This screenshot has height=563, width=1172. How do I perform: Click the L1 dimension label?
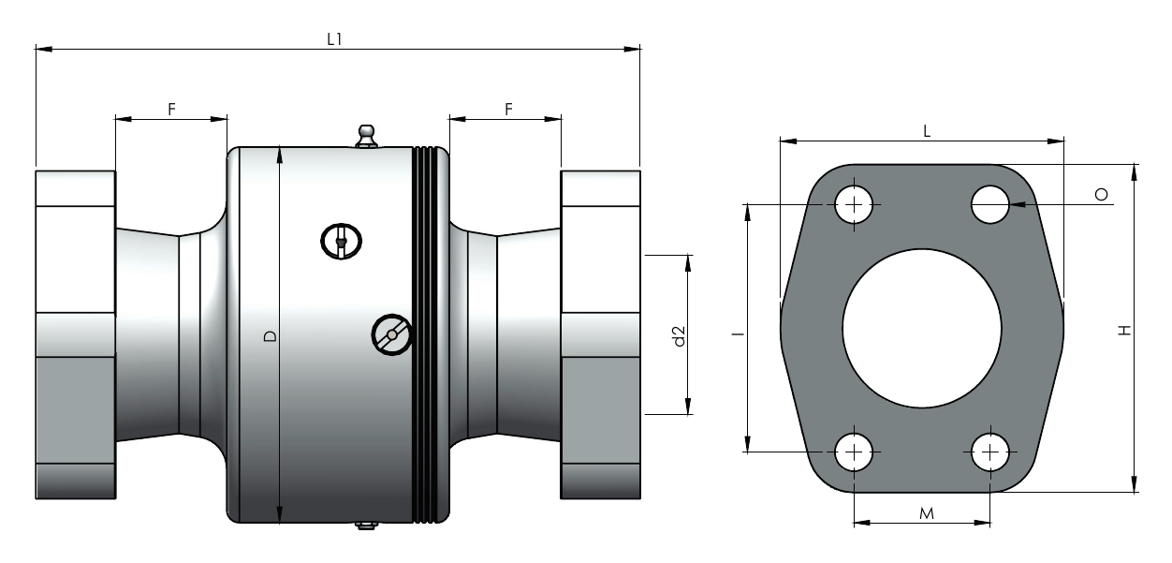coord(334,39)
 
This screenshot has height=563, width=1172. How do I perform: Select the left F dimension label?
coord(171,110)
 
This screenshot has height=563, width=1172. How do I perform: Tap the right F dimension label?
coord(508,110)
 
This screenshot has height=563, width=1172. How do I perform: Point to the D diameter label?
coord(270,336)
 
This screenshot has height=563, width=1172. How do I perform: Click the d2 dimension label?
coord(679,335)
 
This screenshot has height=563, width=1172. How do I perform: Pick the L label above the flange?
coord(927,131)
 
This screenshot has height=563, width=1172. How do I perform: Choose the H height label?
coord(1124,331)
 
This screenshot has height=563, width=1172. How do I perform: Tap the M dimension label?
coord(926,513)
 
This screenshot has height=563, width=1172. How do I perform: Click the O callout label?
coord(1102,195)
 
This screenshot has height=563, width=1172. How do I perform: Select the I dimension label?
coord(738,333)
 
